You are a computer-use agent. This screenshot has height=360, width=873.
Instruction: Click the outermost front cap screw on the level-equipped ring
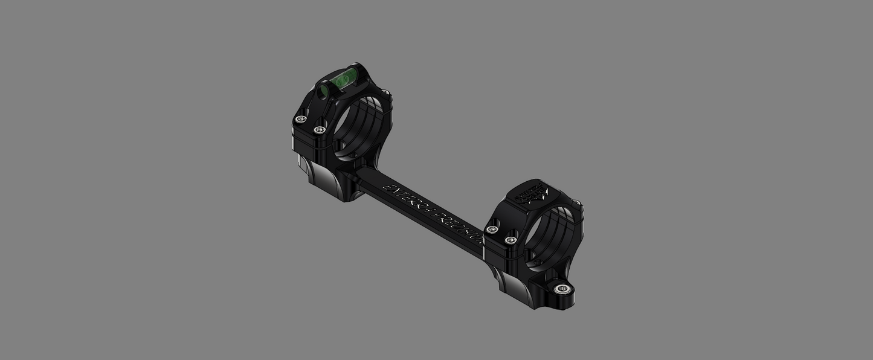point(300,119)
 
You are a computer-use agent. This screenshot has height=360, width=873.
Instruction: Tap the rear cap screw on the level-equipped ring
point(384,93)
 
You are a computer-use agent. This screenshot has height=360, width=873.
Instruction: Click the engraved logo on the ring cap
point(531,193)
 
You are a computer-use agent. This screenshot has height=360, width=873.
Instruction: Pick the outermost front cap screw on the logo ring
point(492,230)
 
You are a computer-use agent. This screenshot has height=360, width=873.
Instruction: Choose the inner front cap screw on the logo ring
point(512,240)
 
